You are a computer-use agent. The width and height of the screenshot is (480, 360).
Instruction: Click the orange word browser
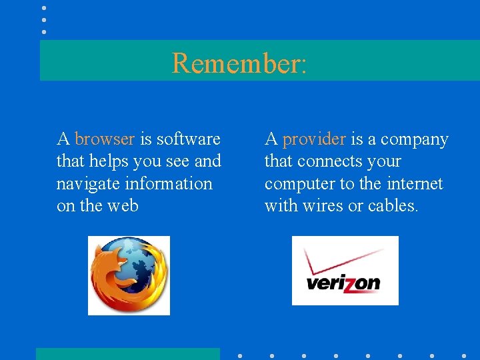coord(105,139)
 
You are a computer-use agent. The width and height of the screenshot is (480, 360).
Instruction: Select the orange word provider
coord(314,139)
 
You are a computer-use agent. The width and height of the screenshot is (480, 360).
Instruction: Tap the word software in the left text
coord(189,139)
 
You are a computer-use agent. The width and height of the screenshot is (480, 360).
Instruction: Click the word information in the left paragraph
coord(173,184)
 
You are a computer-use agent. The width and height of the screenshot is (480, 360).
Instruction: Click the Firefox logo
coord(129,275)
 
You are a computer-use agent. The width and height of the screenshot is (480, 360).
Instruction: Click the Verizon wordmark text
coord(343,283)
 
